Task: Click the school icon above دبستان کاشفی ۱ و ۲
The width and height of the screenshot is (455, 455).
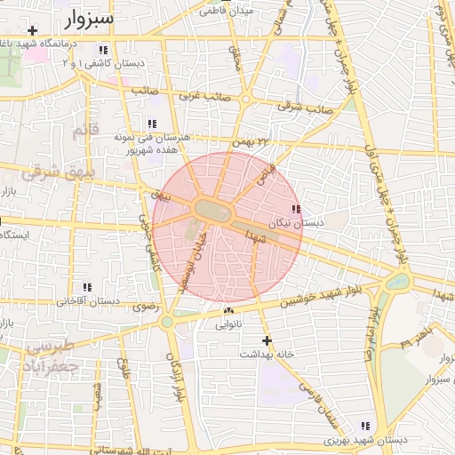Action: (104, 51)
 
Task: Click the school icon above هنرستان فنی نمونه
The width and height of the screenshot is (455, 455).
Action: (152, 124)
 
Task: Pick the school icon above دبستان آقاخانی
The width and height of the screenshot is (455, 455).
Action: (87, 287)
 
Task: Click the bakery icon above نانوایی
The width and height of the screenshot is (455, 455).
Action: (228, 311)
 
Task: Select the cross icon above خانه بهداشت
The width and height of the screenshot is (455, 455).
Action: (267, 340)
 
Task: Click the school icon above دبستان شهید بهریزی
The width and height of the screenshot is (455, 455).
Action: (363, 427)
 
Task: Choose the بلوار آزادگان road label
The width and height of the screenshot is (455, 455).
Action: (178, 373)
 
